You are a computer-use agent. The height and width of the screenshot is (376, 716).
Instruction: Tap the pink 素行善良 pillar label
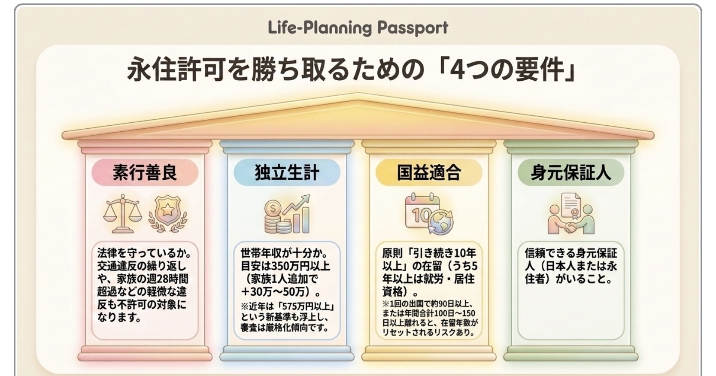pyautogui.click(x=145, y=173)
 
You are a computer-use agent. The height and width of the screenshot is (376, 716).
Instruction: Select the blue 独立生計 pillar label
pyautogui.click(x=287, y=173)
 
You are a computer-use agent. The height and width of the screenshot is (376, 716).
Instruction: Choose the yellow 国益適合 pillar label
pyautogui.click(x=429, y=173)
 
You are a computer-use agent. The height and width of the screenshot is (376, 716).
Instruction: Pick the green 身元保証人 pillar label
pyautogui.click(x=571, y=173)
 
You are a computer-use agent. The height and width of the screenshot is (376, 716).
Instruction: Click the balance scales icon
pyautogui.click(x=122, y=214)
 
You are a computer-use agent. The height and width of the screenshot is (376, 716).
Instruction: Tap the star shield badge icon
pyautogui.click(x=168, y=214)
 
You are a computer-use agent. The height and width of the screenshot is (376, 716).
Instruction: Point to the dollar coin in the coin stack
pyautogui.click(x=273, y=209)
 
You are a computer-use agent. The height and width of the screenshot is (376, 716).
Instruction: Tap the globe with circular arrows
pyautogui.click(x=441, y=222)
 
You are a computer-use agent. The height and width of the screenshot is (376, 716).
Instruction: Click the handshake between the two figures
pyautogui.click(x=570, y=227)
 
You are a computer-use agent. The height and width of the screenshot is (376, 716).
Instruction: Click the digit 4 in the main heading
pyautogui.click(x=458, y=70)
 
